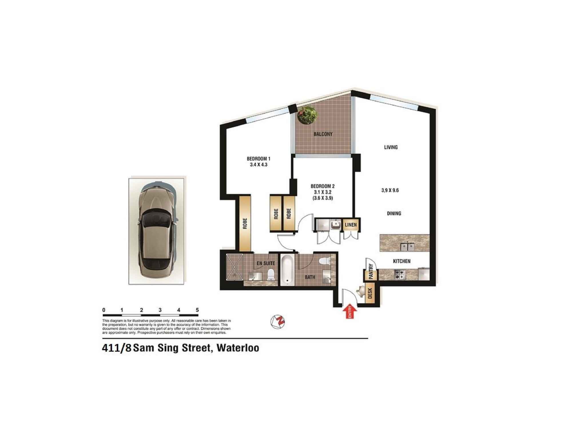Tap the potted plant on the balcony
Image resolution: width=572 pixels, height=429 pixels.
click(x=307, y=115)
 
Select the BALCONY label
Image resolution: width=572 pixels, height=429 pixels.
click(x=323, y=134)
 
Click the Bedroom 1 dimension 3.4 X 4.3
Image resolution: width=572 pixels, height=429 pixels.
click(x=258, y=165)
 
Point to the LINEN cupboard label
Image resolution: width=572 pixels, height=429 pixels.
click(x=351, y=225)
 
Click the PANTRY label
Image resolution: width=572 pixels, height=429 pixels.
click(x=371, y=271)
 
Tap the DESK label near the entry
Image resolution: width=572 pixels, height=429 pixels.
click(x=370, y=293)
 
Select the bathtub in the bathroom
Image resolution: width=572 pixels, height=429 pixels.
click(x=287, y=270)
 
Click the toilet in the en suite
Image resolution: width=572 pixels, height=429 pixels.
click(x=271, y=275)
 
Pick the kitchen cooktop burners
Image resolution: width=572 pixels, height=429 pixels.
click(x=400, y=275)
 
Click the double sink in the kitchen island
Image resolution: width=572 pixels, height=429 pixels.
click(x=407, y=247)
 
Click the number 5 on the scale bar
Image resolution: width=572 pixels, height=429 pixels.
click(x=197, y=310)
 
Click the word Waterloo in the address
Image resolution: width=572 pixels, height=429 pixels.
click(x=238, y=348)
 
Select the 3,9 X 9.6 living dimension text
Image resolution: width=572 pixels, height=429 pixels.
click(x=390, y=190)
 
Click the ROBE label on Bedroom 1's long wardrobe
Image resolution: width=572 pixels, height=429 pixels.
click(x=245, y=223)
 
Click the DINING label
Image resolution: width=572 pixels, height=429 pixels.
click(x=394, y=213)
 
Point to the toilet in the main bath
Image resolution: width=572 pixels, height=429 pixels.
click(x=325, y=261)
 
